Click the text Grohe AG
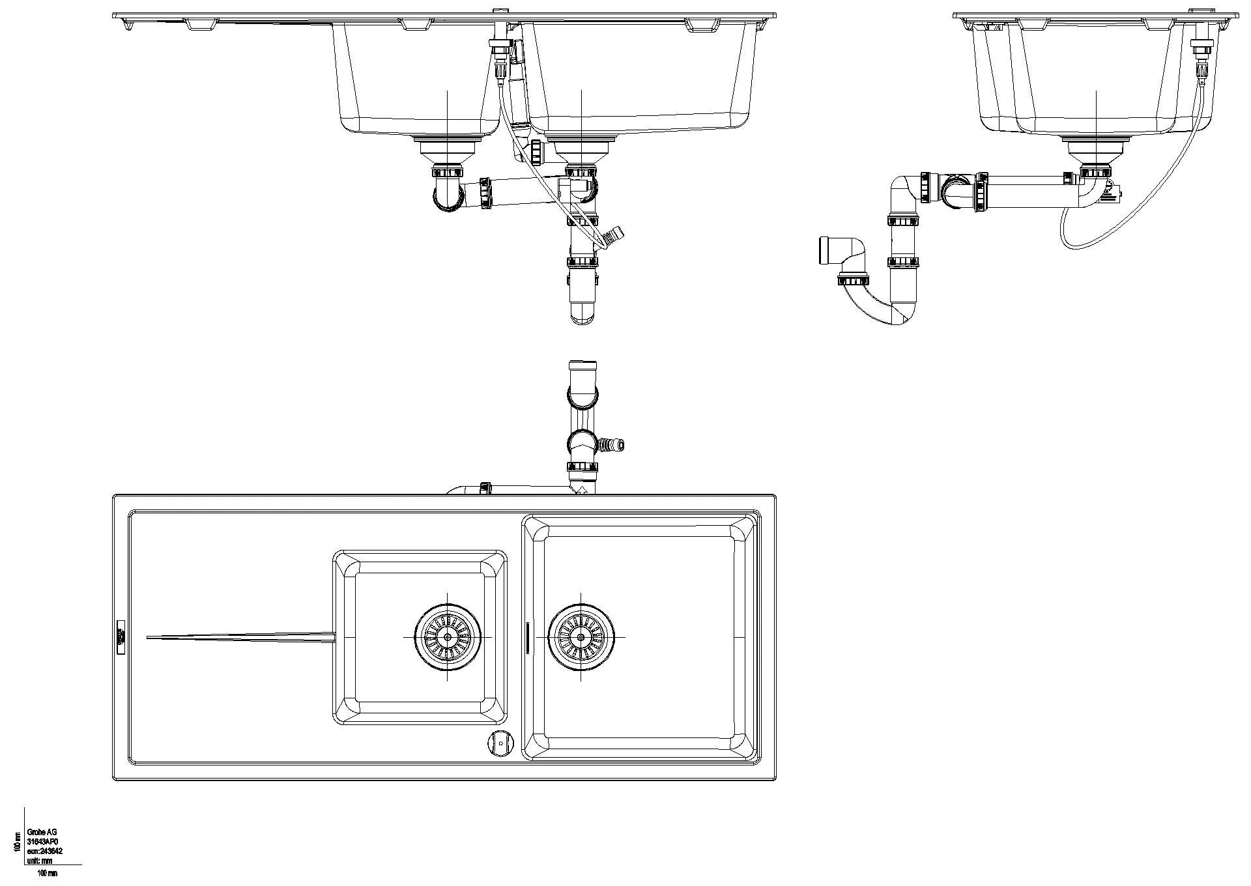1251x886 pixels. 42,833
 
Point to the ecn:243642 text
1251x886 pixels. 44,851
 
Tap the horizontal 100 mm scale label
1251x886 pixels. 48,873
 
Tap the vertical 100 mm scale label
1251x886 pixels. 17,841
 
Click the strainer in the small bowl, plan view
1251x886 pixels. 448,637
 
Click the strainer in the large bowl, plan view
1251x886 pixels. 581,637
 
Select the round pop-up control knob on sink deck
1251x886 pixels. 500,743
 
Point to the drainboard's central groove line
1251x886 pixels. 241,636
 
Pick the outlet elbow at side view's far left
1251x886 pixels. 841,251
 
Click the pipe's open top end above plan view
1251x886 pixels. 582,366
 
